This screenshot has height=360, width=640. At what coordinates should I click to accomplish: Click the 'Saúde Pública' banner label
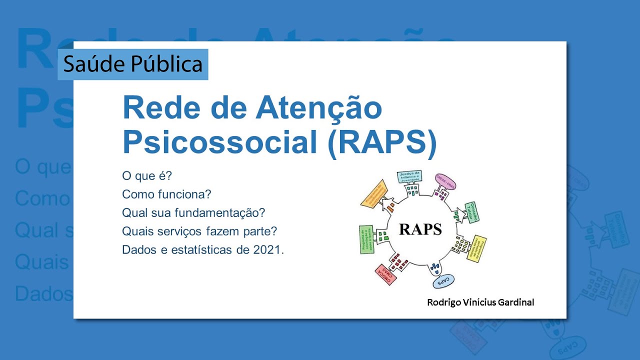(x=133, y=64)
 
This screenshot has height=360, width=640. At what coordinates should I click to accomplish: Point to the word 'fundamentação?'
(x=220, y=213)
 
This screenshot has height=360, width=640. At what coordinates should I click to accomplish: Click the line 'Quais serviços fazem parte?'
(x=199, y=231)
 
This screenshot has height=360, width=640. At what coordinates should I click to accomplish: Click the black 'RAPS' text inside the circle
(x=420, y=229)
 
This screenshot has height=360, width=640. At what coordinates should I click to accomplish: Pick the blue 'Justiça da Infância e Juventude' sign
(x=409, y=177)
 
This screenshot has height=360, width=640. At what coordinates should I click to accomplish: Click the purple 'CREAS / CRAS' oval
(x=446, y=180)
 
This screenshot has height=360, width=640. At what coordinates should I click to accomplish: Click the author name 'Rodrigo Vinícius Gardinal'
(x=480, y=302)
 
